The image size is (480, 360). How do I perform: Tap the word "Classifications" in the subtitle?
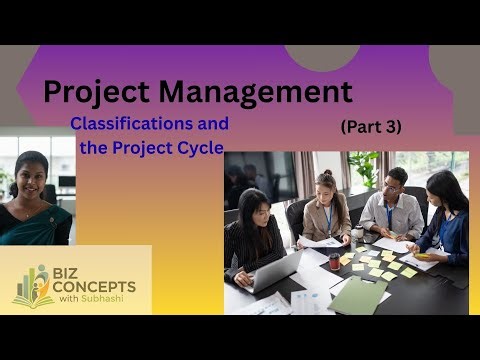pos(149,124)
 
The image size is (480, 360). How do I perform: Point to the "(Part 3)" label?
pos(370,127)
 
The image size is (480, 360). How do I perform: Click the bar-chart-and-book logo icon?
pos(33,286)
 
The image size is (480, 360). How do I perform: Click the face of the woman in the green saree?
pos(31,177)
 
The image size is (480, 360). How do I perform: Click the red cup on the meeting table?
pos(335,261)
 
